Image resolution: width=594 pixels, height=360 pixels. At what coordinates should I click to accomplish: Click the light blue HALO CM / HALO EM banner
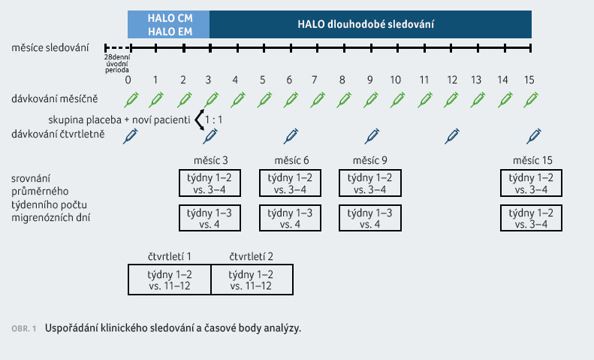[168, 24]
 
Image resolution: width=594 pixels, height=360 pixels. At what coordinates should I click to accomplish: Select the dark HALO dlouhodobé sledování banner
[370, 24]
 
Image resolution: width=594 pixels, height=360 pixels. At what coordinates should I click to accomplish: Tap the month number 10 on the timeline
[395, 80]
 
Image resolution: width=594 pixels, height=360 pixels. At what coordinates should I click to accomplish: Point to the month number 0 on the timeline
[128, 80]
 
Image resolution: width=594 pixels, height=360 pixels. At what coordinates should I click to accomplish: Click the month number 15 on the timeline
[529, 80]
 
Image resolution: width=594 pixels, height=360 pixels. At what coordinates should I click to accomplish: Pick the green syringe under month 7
[317, 100]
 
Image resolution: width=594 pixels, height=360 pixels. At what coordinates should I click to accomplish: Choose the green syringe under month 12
[451, 100]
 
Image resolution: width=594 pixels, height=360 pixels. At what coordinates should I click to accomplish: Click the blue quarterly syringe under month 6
[291, 136]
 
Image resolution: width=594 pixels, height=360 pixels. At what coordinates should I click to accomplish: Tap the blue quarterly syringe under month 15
[534, 136]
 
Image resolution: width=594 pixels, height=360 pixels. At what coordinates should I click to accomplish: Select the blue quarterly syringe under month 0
[131, 136]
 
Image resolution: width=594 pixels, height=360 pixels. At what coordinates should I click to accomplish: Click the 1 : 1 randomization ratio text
[214, 119]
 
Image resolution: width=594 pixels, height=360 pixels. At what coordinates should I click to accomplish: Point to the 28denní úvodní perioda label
[117, 64]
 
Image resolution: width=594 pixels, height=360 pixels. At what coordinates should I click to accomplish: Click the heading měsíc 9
[369, 160]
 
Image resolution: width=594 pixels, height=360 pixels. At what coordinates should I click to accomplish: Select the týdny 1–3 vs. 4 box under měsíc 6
[290, 218]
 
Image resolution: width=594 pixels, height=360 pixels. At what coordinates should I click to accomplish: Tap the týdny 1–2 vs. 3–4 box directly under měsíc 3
[210, 183]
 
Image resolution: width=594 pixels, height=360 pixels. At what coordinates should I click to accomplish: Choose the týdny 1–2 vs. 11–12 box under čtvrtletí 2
[252, 280]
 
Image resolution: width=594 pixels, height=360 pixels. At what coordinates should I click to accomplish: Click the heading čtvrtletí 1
[169, 256]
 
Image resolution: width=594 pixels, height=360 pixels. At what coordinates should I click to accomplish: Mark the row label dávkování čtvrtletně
[58, 134]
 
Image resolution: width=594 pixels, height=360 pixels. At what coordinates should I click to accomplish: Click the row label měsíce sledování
[50, 48]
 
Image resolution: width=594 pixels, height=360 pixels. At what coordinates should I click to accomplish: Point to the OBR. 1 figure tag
[24, 328]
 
